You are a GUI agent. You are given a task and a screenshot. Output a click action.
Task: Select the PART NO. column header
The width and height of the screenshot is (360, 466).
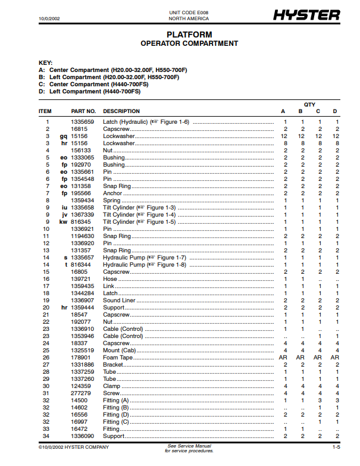point(83,111)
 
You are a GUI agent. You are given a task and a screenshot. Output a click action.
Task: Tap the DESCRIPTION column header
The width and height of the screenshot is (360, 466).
point(121,111)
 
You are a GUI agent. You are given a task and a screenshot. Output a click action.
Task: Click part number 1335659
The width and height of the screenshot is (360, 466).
point(83,122)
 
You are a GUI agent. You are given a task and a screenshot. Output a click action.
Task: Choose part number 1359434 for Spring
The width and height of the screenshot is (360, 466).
point(83,201)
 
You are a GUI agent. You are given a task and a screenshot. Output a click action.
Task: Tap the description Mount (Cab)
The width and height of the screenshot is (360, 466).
point(120,351)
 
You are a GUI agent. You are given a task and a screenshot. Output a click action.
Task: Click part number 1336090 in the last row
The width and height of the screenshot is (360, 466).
point(83,436)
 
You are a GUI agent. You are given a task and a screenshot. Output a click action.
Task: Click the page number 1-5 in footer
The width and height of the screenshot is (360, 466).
point(336,447)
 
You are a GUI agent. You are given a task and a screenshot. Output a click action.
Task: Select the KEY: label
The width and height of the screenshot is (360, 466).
point(45,63)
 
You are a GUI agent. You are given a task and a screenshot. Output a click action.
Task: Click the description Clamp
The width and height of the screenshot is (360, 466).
point(112,386)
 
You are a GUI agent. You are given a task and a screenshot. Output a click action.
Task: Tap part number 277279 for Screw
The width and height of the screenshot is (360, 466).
point(80,393)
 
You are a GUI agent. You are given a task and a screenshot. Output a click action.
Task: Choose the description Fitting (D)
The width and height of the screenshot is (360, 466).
point(116,415)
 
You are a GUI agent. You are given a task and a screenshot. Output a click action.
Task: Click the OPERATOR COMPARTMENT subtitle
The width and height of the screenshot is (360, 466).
point(189,43)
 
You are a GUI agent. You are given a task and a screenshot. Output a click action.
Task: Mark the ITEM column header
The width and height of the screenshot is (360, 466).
point(45,111)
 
